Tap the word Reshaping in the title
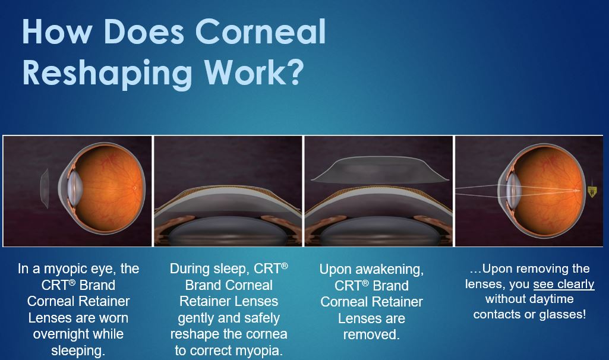coord(107,74)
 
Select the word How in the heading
coord(56,31)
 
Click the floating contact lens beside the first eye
coord(45,188)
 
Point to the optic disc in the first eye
coord(134,188)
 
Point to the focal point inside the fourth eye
coord(576,190)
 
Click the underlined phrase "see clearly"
coord(564,285)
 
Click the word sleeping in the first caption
coord(78,350)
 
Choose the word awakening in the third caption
coord(390,270)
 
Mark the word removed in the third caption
coord(371,334)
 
